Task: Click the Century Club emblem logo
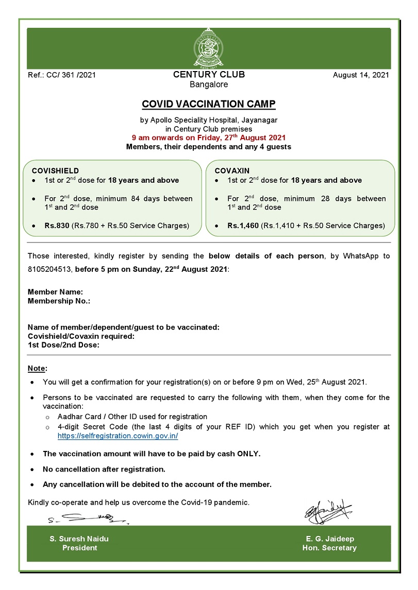click(209, 48)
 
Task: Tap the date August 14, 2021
click(361, 75)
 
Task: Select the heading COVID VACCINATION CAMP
click(209, 105)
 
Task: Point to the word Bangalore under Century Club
click(209, 84)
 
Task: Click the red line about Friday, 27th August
click(209, 138)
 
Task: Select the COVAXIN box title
click(229, 170)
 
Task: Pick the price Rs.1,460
click(244, 225)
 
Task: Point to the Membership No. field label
click(59, 301)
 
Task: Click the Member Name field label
click(55, 292)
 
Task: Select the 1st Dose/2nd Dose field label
click(63, 345)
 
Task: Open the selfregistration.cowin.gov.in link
click(118, 436)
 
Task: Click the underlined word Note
click(37, 369)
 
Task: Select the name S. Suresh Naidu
click(79, 539)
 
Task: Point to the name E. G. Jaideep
click(330, 539)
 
